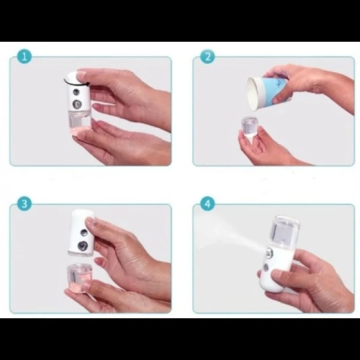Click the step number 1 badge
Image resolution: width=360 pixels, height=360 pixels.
(24, 56)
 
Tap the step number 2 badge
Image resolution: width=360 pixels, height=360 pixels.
(207, 56)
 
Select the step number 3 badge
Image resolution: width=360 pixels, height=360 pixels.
(24, 203)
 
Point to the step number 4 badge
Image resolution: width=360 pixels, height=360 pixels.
(207, 203)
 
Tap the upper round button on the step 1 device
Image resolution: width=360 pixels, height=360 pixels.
(77, 92)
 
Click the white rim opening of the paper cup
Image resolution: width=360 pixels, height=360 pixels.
(253, 90)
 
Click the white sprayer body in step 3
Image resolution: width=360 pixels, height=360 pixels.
(81, 231)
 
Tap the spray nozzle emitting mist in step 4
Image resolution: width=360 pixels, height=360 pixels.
(268, 251)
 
